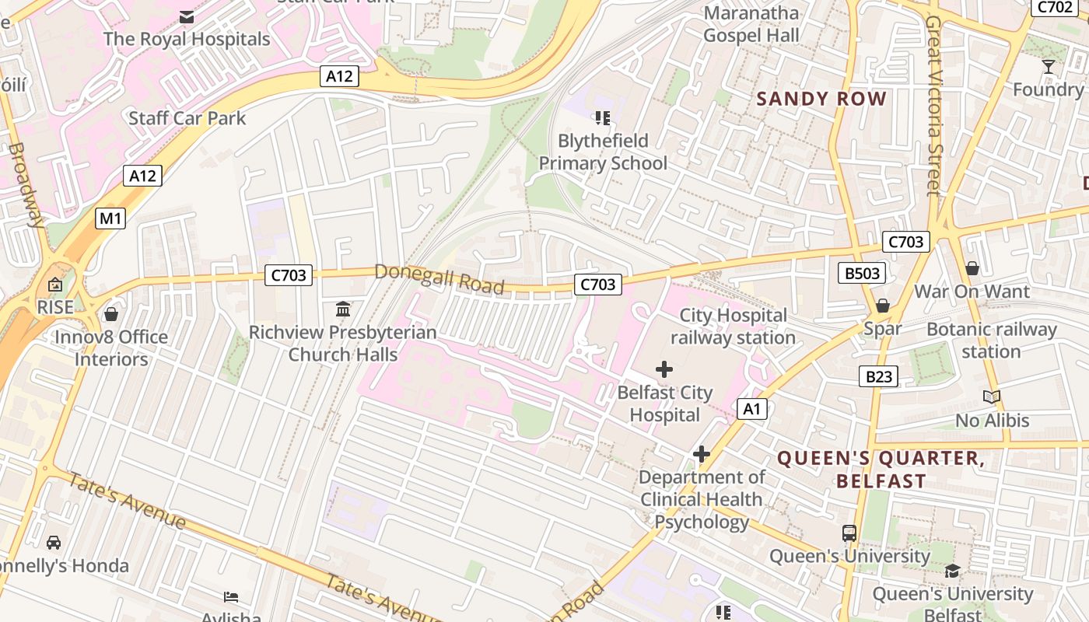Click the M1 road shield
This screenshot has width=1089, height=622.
click(110, 218)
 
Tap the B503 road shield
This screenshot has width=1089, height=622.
click(862, 273)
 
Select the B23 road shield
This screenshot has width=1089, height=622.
click(879, 377)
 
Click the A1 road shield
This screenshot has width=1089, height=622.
click(751, 409)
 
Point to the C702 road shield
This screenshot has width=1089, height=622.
click(1053, 7)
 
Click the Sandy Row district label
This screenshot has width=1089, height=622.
click(821, 99)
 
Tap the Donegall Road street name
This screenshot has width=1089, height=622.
click(439, 278)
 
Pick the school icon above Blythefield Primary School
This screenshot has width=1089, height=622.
click(603, 118)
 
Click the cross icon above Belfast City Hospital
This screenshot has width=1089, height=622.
click(664, 369)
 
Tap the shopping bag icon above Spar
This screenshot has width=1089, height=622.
click(882, 306)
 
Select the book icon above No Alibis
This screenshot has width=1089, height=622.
click(991, 397)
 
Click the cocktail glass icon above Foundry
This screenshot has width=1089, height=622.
click(1049, 67)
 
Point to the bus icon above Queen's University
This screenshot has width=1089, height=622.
click(849, 533)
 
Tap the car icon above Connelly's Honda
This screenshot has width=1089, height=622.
click(54, 542)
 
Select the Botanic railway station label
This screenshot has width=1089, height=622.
click(991, 341)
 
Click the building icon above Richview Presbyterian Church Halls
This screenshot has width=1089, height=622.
click(343, 309)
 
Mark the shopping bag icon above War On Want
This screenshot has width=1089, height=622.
click(972, 268)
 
